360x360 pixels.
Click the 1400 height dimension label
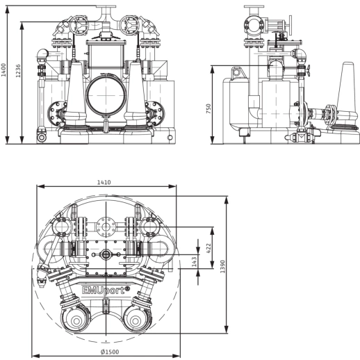(3, 69)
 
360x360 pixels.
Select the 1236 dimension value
(18, 71)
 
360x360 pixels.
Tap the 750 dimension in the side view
(208, 108)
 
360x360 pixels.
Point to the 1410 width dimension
(104, 182)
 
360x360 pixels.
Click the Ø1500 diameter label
(110, 352)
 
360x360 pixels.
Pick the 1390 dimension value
(222, 266)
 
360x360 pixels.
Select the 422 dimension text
(208, 248)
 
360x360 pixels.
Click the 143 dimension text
(194, 261)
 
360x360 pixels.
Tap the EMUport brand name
(106, 290)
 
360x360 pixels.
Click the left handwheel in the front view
(79, 26)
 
